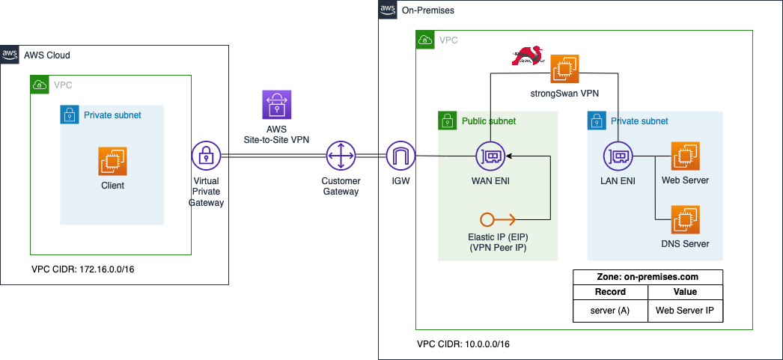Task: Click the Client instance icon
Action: click(113, 160)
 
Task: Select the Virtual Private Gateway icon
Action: click(207, 156)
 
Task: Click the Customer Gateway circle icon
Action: click(341, 156)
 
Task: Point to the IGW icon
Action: click(400, 156)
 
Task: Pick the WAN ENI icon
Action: click(490, 156)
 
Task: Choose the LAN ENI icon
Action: click(619, 156)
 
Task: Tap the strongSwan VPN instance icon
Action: click(564, 70)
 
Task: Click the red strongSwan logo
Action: click(528, 57)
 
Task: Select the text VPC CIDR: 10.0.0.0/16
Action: click(463, 344)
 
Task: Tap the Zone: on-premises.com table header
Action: click(648, 276)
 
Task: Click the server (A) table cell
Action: click(610, 309)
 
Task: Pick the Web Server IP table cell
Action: click(685, 309)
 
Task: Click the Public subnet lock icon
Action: click(446, 120)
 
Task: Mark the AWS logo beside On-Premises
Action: click(388, 10)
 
